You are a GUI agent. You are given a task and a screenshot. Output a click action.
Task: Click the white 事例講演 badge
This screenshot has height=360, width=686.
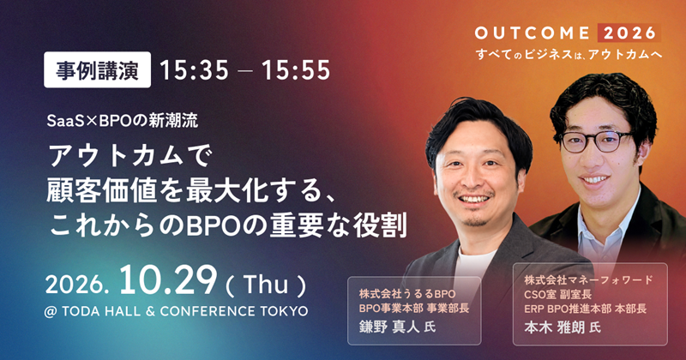(97, 70)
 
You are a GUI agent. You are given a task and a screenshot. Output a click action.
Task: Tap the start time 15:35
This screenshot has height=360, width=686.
(195, 70)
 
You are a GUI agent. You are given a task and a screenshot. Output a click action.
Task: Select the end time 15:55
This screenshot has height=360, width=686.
(296, 70)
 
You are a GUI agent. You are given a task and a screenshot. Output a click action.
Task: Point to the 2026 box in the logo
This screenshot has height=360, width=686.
(629, 33)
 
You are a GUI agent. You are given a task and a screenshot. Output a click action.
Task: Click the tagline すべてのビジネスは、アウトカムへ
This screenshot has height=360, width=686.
(569, 55)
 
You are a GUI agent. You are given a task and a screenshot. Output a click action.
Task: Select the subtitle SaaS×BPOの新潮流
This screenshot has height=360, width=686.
(123, 121)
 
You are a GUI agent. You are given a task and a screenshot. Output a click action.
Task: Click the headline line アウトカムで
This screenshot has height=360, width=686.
(130, 157)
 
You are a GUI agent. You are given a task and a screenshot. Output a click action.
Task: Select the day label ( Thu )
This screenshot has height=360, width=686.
(266, 285)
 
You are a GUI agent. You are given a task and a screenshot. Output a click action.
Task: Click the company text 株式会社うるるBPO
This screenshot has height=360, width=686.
(406, 293)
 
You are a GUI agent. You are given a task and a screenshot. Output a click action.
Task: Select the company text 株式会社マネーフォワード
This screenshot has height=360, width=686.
(588, 279)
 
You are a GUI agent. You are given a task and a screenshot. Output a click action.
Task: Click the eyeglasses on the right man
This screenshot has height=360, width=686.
(597, 141)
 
